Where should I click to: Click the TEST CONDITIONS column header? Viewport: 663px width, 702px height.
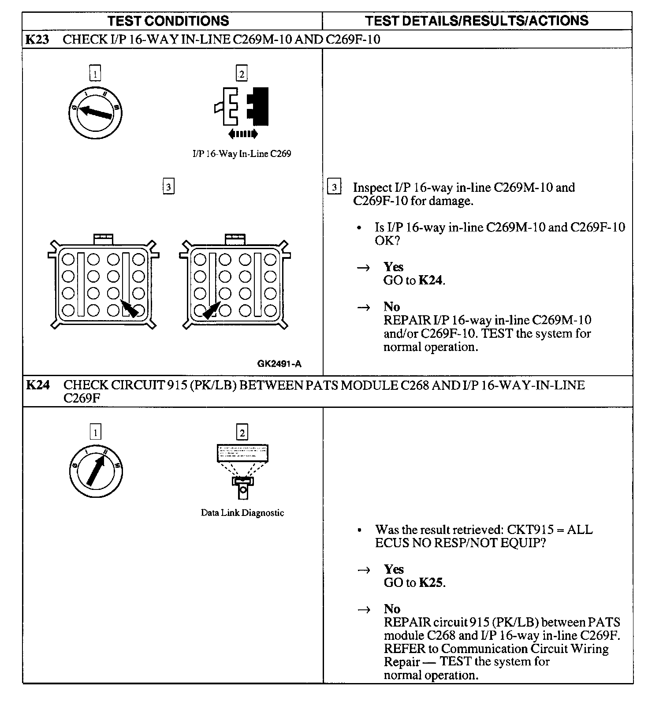click(168, 21)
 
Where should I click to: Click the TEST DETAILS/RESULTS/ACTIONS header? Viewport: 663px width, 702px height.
click(477, 21)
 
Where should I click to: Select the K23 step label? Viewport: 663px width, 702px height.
click(37, 40)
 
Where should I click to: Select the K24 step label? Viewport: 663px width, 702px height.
click(37, 385)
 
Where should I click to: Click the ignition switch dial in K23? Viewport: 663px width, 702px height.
click(95, 113)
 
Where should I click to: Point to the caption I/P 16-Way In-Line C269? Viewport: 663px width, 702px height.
click(242, 154)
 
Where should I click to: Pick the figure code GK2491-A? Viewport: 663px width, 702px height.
click(279, 364)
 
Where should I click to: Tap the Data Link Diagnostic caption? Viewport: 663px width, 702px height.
click(242, 513)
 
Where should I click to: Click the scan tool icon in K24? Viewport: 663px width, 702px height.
click(242, 471)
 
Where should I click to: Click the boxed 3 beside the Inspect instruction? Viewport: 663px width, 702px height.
click(334, 187)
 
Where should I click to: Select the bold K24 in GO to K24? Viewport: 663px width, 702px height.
click(430, 280)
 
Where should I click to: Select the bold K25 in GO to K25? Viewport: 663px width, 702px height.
click(431, 583)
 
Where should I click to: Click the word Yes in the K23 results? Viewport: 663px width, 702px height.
click(393, 267)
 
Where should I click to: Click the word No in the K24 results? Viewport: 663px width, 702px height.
click(392, 609)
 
